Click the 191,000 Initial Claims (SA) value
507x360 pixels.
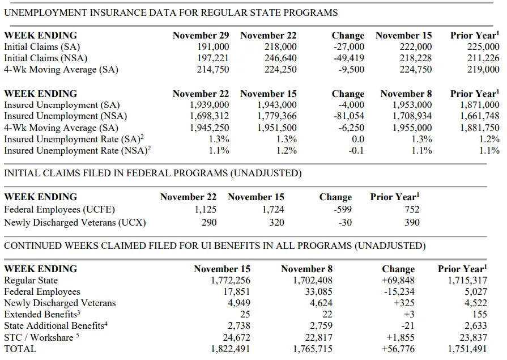click(x=213, y=47)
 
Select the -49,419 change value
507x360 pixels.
click(x=349, y=58)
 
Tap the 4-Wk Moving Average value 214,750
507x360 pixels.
click(x=213, y=70)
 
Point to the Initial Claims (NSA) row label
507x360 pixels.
click(x=45, y=58)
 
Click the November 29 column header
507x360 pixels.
click(x=201, y=35)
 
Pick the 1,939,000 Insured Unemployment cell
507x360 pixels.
click(x=209, y=105)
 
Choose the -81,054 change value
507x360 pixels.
click(x=349, y=116)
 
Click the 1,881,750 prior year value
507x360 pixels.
click(x=480, y=128)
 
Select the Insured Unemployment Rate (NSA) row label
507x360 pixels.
click(x=77, y=151)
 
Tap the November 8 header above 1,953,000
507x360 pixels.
click(x=406, y=94)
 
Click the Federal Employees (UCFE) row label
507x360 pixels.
click(x=59, y=210)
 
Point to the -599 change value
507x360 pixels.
click(x=343, y=209)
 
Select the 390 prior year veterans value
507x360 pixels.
click(x=412, y=222)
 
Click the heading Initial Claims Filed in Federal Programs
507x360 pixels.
click(x=152, y=173)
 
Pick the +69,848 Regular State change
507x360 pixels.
click(x=398, y=281)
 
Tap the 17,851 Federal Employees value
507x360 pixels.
click(x=237, y=292)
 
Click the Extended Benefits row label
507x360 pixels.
click(x=42, y=314)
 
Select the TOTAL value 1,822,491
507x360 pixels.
click(x=231, y=349)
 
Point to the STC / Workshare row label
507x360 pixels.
click(x=41, y=337)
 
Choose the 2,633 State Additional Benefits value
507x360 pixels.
click(x=476, y=325)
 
